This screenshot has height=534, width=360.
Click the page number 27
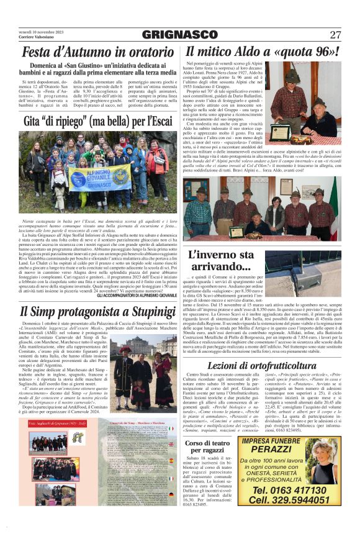tap(335, 35)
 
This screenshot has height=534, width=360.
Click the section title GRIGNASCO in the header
tap(180, 35)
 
